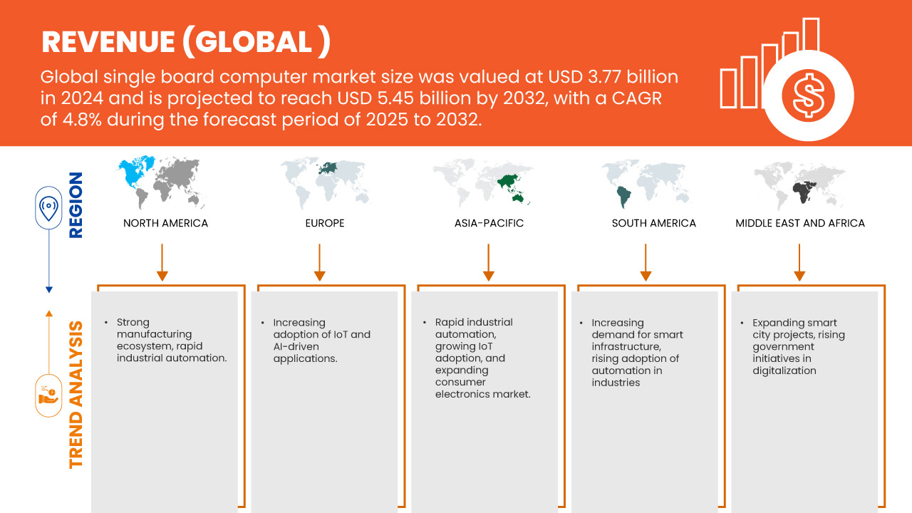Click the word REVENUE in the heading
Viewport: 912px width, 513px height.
click(x=108, y=42)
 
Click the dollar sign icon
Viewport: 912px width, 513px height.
click(x=808, y=96)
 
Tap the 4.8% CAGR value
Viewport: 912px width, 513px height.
click(x=82, y=120)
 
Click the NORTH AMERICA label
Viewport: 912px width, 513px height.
click(x=165, y=223)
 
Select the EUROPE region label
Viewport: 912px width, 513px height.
click(x=325, y=223)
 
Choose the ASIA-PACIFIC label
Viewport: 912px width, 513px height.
click(x=489, y=223)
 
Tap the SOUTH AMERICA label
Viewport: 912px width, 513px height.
click(x=654, y=223)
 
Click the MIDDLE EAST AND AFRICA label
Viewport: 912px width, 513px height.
click(x=800, y=223)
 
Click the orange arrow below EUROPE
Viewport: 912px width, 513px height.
click(x=320, y=262)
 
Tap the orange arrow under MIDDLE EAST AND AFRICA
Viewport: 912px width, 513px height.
click(x=799, y=262)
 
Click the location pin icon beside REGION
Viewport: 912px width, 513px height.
click(x=48, y=208)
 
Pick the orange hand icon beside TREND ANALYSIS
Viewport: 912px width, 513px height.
click(x=48, y=395)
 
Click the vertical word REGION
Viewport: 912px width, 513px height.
click(x=76, y=204)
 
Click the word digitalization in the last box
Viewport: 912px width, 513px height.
click(x=784, y=371)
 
